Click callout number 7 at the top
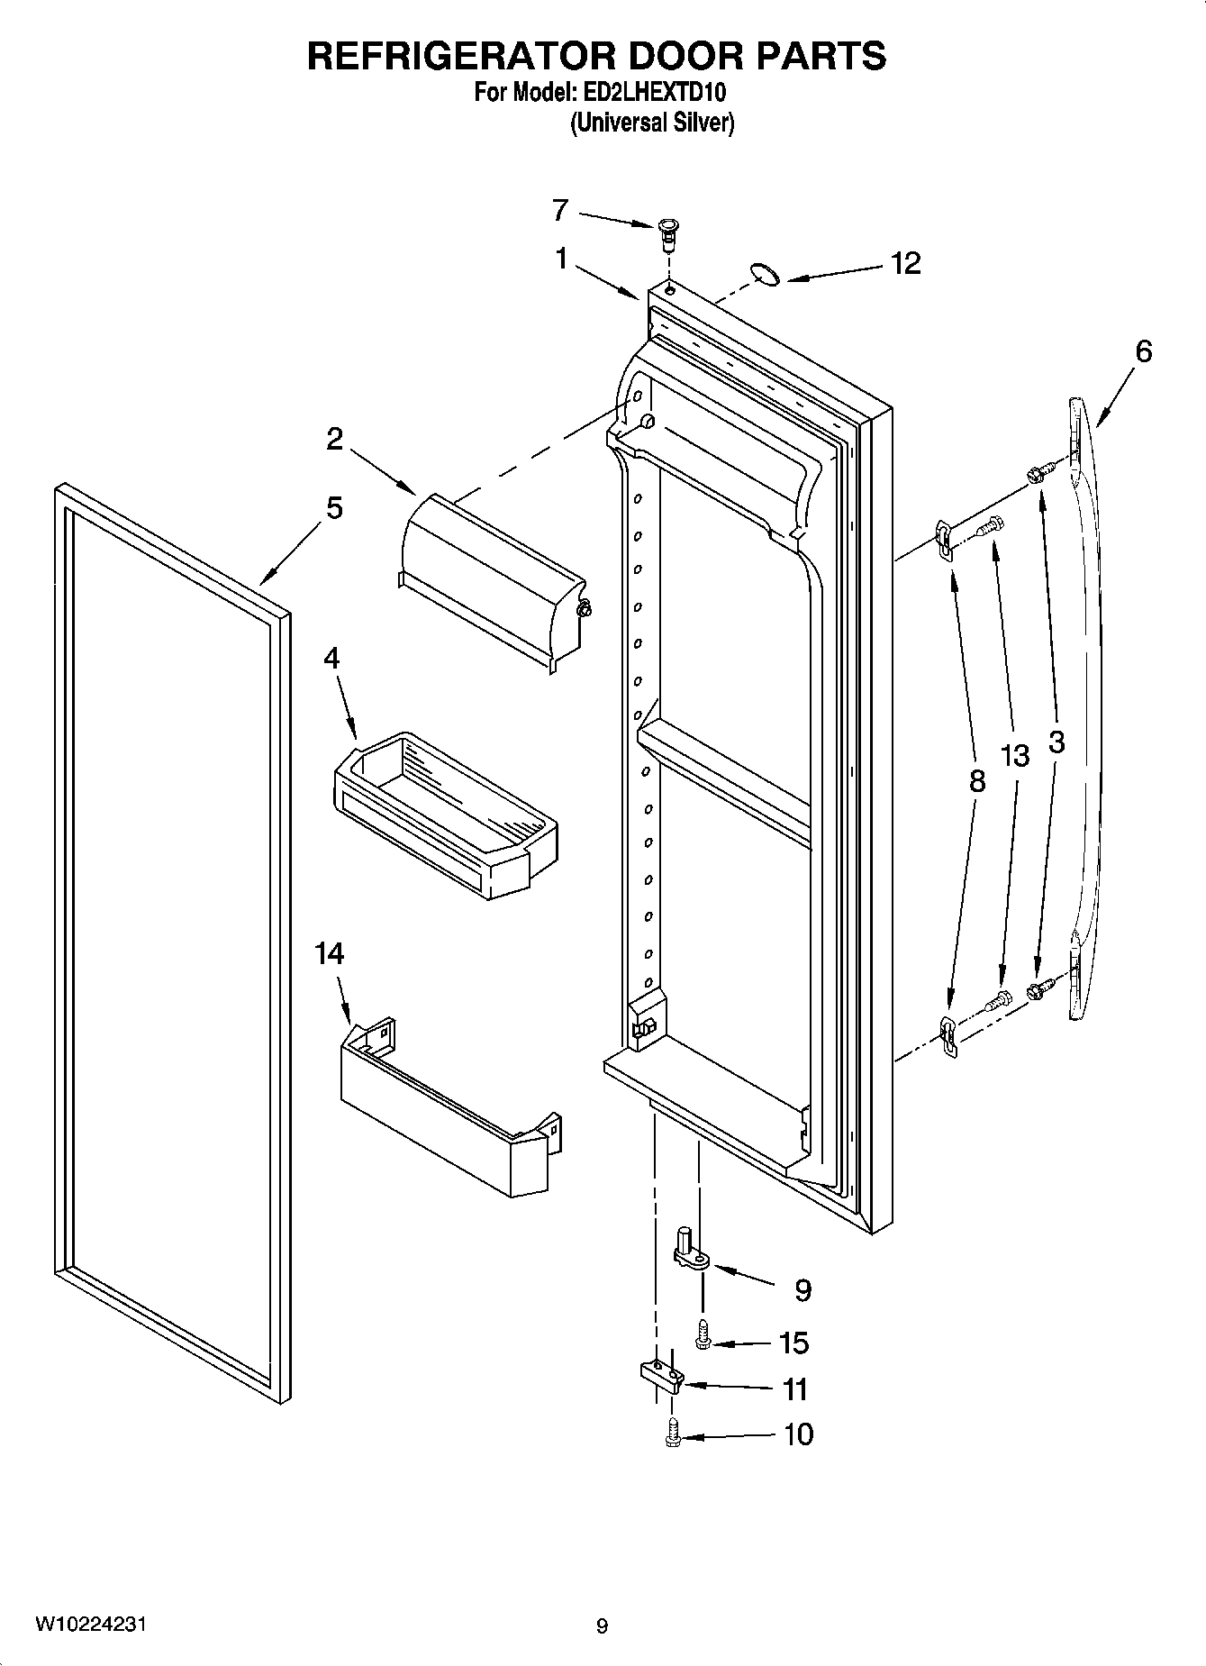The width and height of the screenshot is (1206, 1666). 559,211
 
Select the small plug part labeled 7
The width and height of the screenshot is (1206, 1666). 666,235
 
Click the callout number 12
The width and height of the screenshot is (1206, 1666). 905,263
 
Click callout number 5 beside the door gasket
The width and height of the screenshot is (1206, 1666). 333,508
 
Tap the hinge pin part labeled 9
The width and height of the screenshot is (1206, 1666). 689,1249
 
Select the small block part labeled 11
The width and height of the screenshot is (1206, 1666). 662,1376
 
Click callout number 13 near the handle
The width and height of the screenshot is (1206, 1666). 1015,755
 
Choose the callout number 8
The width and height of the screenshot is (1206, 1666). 977,781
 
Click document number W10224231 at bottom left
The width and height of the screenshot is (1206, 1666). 90,1624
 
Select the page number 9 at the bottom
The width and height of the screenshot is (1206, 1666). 602,1625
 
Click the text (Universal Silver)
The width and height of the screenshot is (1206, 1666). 652,123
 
